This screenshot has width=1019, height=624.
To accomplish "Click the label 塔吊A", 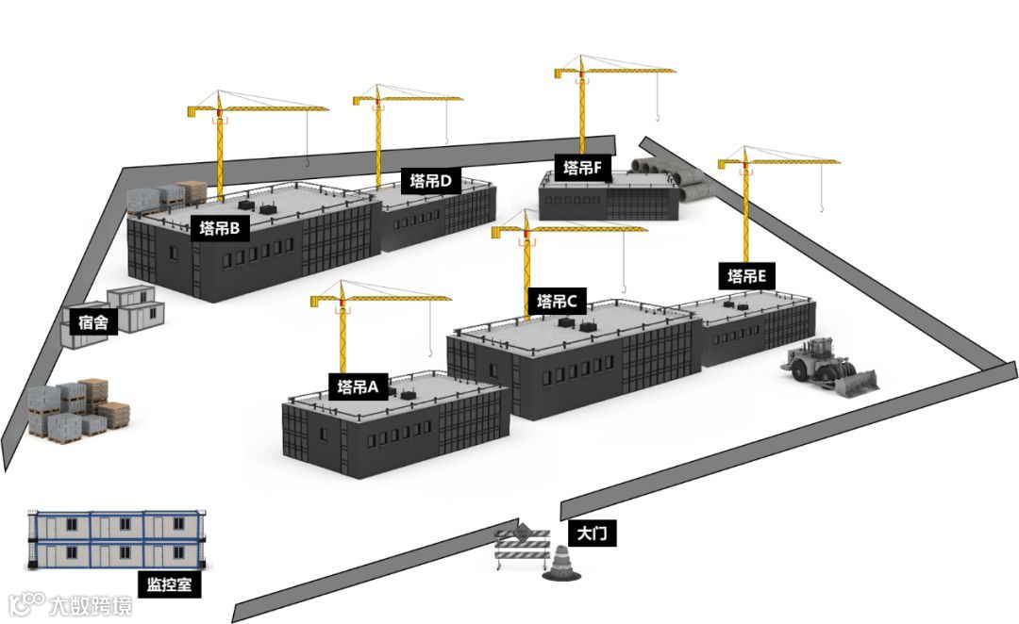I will pyautogui.click(x=358, y=386).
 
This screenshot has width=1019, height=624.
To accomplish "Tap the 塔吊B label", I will pyautogui.click(x=220, y=227).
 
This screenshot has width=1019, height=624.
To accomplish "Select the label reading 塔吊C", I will pyautogui.click(x=557, y=302).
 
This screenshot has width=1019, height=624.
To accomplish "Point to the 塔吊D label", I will pyautogui.click(x=431, y=181).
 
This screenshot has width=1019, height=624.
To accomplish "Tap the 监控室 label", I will pyautogui.click(x=170, y=584).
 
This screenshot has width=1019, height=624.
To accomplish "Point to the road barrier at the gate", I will pyautogui.click(x=522, y=549).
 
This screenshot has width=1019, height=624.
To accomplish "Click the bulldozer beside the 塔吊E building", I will pyautogui.click(x=828, y=368).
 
